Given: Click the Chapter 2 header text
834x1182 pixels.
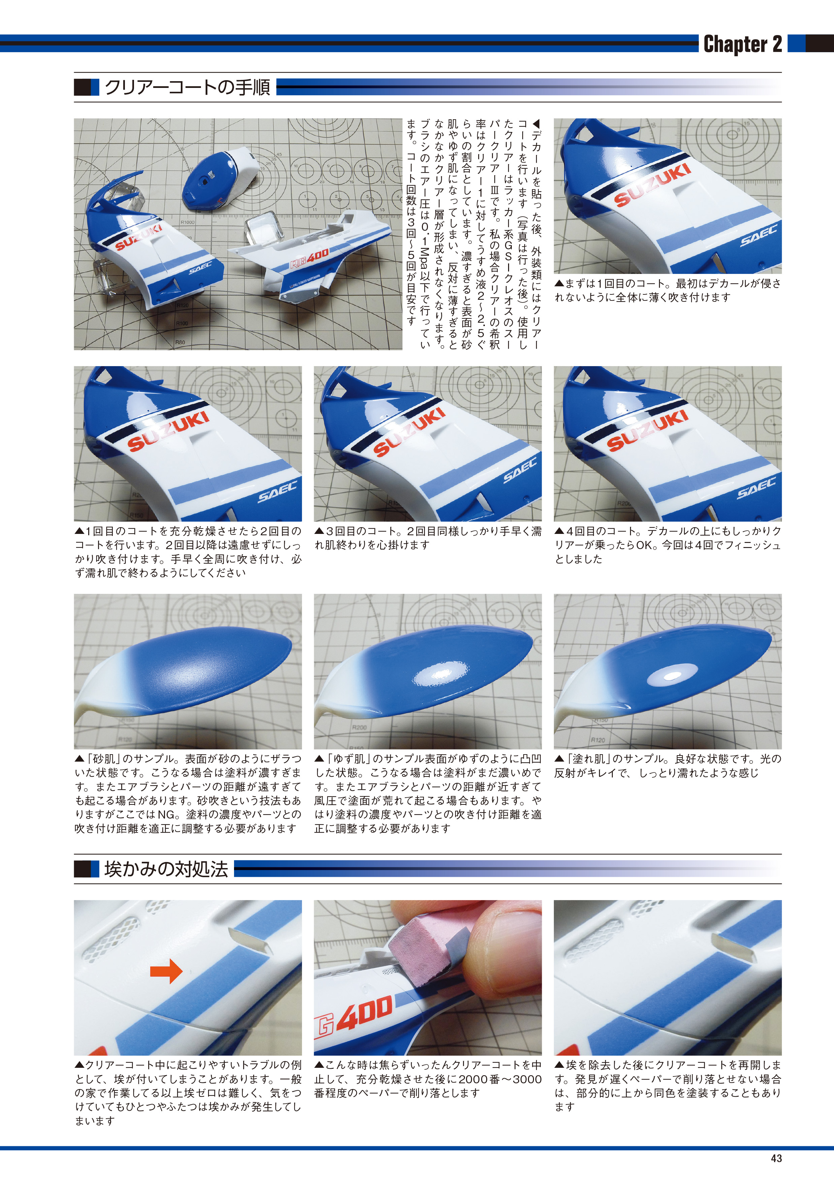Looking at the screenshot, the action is tap(742, 44).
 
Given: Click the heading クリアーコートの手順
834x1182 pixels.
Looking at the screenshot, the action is tap(187, 87).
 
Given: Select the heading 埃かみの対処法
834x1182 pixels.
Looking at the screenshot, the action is tap(166, 869).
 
